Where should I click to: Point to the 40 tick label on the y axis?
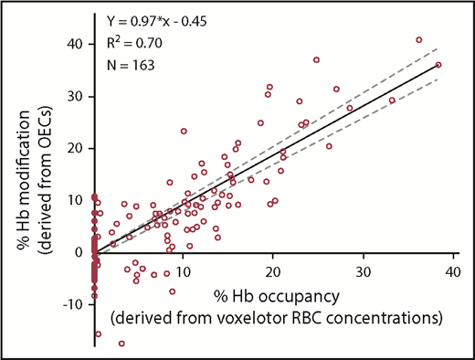point(74,43)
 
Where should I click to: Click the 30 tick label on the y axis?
point(74,95)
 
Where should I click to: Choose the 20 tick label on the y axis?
point(74,147)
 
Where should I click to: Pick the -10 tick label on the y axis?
point(71,303)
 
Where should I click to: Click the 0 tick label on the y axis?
point(79,251)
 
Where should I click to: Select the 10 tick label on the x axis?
point(184,273)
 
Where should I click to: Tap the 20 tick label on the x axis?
point(273,273)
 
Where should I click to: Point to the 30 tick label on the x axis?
point(363,273)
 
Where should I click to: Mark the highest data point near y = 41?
point(419,39)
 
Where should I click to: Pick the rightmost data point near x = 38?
point(438,65)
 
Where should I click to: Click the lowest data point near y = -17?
point(121,344)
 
